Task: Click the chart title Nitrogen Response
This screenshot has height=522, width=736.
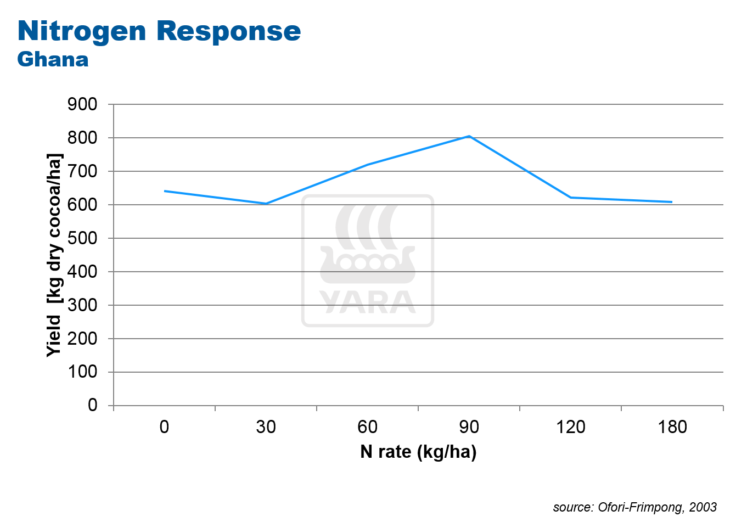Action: tap(159, 31)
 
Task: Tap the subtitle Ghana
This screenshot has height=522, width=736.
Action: tap(53, 59)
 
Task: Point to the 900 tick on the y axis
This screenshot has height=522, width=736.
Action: tap(82, 104)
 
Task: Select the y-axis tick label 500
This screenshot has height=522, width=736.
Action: tap(82, 238)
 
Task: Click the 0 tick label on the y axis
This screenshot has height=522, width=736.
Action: tap(92, 405)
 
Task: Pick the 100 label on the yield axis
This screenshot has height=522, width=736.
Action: tap(82, 372)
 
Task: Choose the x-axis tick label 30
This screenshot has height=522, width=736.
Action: tap(266, 427)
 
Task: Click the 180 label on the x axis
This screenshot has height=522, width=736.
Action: tap(672, 427)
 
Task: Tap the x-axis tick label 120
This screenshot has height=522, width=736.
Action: tap(571, 427)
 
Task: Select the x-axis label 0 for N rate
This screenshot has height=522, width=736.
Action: tap(165, 427)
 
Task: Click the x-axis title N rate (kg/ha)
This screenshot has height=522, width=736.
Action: tap(418, 452)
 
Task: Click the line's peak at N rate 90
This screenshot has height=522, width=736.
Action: tap(469, 136)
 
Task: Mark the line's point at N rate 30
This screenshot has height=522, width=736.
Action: tap(266, 204)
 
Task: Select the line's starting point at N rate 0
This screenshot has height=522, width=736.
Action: tap(165, 191)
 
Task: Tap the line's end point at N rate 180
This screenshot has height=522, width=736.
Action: tap(672, 202)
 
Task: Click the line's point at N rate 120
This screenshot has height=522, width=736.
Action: tap(571, 198)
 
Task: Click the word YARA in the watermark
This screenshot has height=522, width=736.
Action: tap(368, 302)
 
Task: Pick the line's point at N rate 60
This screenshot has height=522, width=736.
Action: tap(368, 165)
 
